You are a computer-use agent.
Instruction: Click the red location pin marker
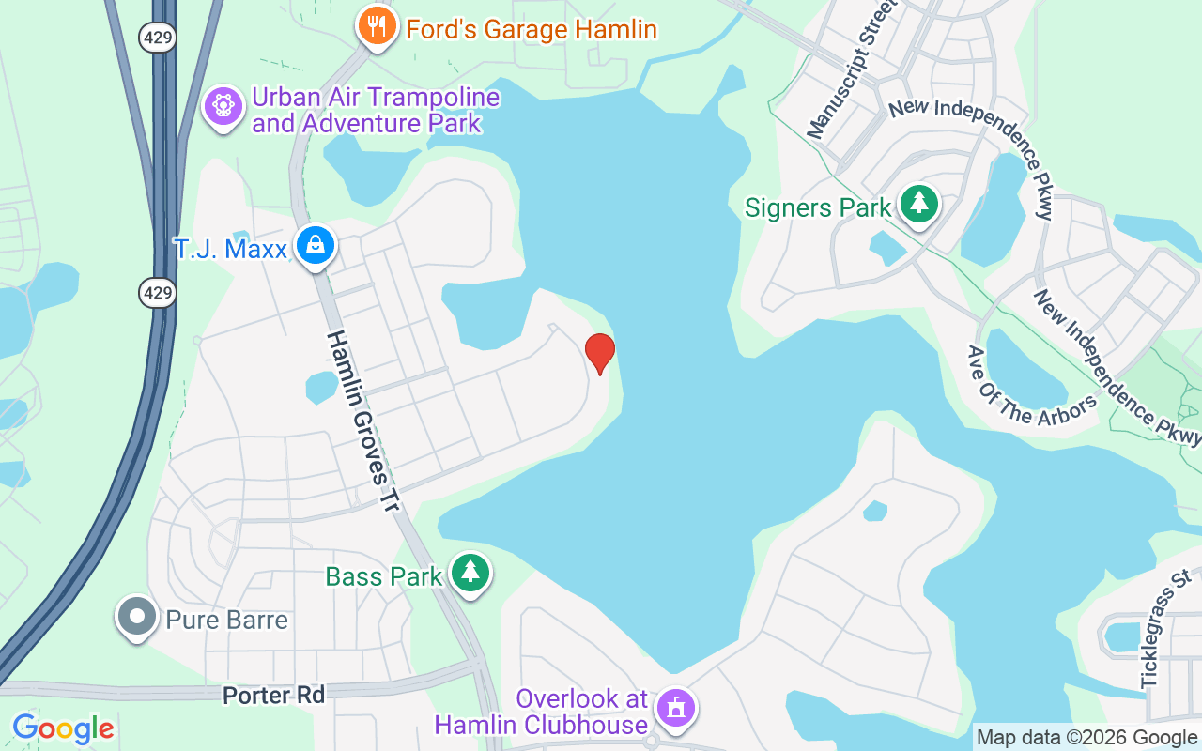tap(599, 353)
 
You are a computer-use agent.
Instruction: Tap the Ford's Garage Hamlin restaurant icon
tap(378, 27)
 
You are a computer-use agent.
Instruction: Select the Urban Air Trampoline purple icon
tap(223, 106)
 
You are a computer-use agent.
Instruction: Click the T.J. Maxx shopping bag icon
tap(316, 246)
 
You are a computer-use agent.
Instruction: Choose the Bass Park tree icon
tap(470, 572)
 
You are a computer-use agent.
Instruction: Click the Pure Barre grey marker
tap(137, 618)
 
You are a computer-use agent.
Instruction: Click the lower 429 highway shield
tap(158, 293)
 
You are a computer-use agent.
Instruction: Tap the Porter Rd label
tap(273, 696)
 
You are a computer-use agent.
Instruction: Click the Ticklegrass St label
tap(1164, 629)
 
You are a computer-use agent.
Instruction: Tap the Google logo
tap(63, 728)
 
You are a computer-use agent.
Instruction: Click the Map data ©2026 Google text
tap(1086, 738)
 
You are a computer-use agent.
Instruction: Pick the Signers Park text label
tap(817, 207)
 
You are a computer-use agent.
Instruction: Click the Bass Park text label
tap(383, 575)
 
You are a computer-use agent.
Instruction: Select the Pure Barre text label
tap(226, 620)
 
